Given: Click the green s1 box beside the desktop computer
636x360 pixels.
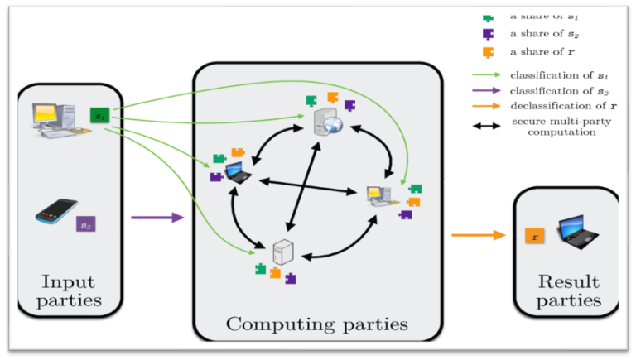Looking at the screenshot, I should tap(99, 116).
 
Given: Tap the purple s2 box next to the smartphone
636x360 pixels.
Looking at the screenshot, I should tap(85, 223).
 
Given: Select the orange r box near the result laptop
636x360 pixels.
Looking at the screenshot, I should tap(535, 236).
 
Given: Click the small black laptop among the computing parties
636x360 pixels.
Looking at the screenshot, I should tap(237, 172).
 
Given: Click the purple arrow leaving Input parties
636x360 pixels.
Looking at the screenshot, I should tap(157, 218).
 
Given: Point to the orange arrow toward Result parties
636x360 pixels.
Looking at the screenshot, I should tap(478, 235).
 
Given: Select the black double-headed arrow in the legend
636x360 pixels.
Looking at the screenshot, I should tap(485, 125).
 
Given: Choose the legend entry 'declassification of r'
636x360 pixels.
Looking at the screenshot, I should tap(554, 105).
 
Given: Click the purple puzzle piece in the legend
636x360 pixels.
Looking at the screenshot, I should tap(489, 34).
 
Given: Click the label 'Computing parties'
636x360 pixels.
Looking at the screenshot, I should tap(317, 324).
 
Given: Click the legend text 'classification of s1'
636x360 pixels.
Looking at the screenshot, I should tap(552, 75).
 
